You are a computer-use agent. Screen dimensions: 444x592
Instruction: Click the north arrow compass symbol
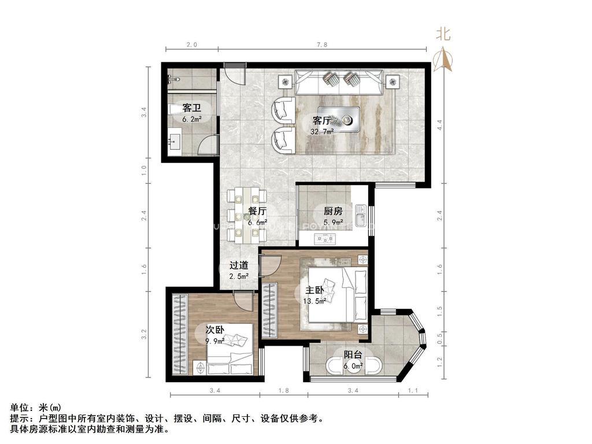tap(444, 58)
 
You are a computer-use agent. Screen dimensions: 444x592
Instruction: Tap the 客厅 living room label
tap(321, 121)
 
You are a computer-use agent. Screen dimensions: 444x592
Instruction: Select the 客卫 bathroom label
tap(191, 108)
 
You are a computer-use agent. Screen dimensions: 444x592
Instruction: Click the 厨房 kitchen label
tap(333, 211)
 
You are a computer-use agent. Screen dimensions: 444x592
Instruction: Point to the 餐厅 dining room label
tap(257, 212)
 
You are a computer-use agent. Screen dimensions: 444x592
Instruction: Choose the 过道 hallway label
tap(239, 265)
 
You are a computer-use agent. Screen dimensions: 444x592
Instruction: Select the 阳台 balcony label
tap(353, 355)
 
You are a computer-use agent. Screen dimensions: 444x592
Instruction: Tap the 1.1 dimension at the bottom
tap(412, 391)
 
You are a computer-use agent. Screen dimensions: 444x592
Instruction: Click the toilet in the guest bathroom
tap(174, 109)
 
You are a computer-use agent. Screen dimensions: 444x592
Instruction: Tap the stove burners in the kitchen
tap(325, 238)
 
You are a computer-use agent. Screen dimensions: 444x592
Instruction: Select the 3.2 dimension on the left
tap(145, 334)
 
